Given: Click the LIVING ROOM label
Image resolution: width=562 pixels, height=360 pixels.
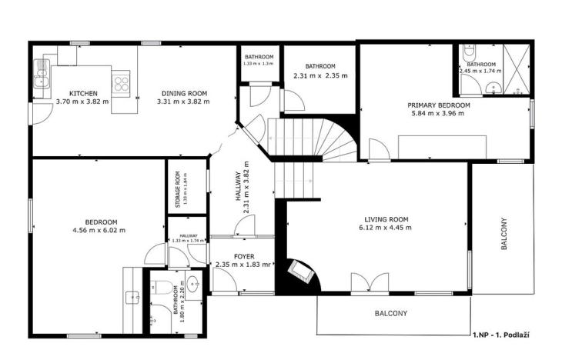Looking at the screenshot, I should pyautogui.click(x=387, y=219).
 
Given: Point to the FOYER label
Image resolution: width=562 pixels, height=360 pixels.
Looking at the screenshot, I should pyautogui.click(x=244, y=256).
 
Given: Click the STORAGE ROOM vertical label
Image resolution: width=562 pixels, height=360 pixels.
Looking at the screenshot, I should pyautogui.click(x=177, y=189).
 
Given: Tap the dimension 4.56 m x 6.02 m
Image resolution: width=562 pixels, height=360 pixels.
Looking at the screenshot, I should pyautogui.click(x=99, y=230).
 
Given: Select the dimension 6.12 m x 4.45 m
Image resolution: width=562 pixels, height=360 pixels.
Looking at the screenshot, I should pyautogui.click(x=387, y=228).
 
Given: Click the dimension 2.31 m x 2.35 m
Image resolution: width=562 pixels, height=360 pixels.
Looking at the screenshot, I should pyautogui.click(x=320, y=75).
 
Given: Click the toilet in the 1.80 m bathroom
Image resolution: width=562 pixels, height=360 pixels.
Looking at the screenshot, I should pyautogui.click(x=165, y=289).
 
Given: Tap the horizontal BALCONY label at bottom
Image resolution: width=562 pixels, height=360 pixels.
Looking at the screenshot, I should pyautogui.click(x=391, y=314).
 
